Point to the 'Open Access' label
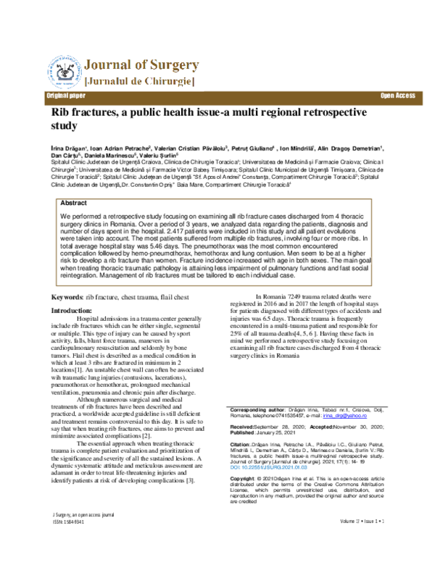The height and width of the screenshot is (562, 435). point(396,96)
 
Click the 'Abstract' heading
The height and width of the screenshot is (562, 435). point(73,204)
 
